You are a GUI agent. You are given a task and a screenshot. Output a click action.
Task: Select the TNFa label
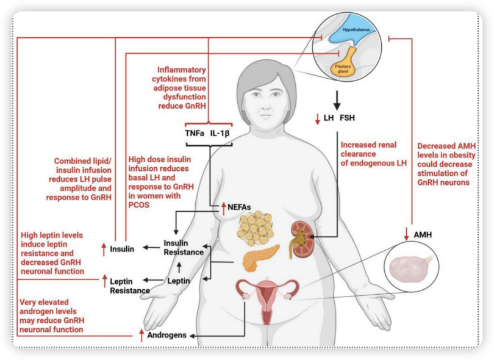coord(195,134)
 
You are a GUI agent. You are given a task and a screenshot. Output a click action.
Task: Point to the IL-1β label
coord(220,134)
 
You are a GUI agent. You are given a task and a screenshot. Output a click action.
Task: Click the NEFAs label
coord(239,207)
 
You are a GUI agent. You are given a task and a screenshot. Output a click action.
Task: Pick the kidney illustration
coord(301,240)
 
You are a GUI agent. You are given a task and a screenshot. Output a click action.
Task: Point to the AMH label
coord(423,235)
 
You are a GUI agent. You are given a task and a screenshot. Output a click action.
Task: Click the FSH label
coord(347,118)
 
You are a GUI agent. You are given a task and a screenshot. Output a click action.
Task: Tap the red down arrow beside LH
coord(318,119)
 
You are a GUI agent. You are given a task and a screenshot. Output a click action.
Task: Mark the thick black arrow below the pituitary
coord(337,100)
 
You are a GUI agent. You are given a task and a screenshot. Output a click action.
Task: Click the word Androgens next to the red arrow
coord(166,335)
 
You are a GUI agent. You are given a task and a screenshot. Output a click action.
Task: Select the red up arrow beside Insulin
coord(104,250)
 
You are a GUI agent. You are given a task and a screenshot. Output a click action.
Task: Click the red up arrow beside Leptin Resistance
coord(105,281)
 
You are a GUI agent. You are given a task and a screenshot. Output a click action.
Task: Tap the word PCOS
coord(139,205)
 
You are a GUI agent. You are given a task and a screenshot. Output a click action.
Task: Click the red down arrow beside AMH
coord(406,234)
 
